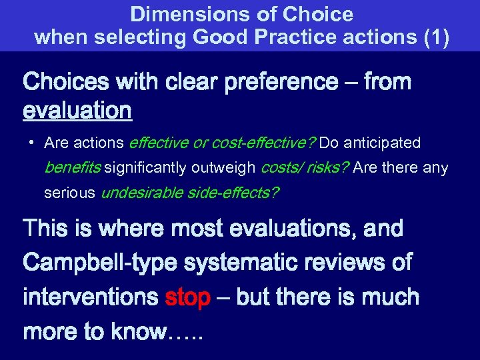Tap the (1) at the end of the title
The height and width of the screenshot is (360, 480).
[436, 37]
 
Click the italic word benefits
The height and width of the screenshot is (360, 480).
[71, 168]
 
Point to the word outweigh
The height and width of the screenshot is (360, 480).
[224, 168]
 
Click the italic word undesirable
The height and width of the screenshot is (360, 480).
[139, 193]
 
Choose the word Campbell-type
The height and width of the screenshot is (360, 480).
[101, 263]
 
